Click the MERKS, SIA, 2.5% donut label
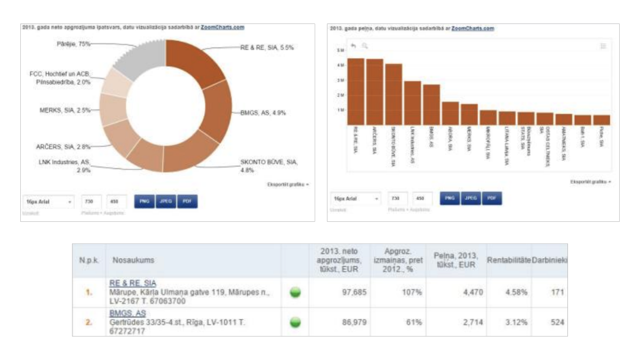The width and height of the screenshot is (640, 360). (64, 110)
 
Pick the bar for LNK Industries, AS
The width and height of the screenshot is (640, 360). (412, 103)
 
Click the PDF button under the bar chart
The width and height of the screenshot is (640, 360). (492, 198)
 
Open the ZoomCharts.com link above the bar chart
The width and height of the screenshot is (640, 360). (473, 28)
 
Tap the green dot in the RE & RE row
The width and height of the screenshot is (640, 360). (295, 292)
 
